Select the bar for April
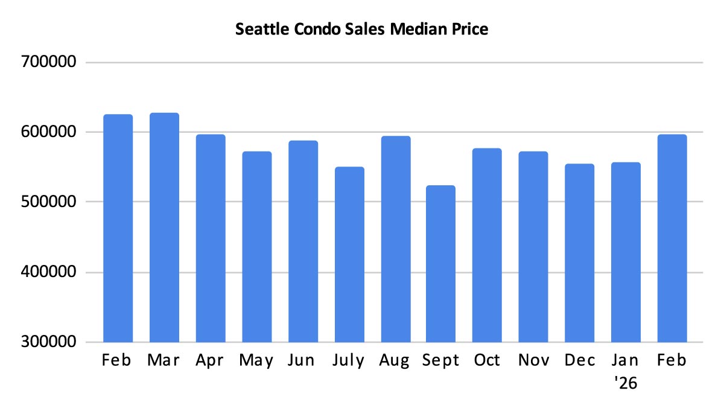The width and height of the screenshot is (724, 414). [x=211, y=238]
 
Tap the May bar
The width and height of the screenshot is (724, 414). [x=257, y=247]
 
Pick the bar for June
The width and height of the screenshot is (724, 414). [x=303, y=241]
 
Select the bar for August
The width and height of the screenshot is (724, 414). [x=396, y=239]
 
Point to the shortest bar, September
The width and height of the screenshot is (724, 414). [x=442, y=264]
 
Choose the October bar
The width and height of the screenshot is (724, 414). [x=487, y=245]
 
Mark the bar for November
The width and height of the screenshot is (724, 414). [x=533, y=247]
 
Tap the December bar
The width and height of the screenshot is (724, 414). [x=580, y=253]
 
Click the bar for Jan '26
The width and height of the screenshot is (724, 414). [x=626, y=252]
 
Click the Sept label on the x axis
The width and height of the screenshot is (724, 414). [x=442, y=361]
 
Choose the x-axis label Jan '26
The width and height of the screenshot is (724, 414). [x=626, y=371]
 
